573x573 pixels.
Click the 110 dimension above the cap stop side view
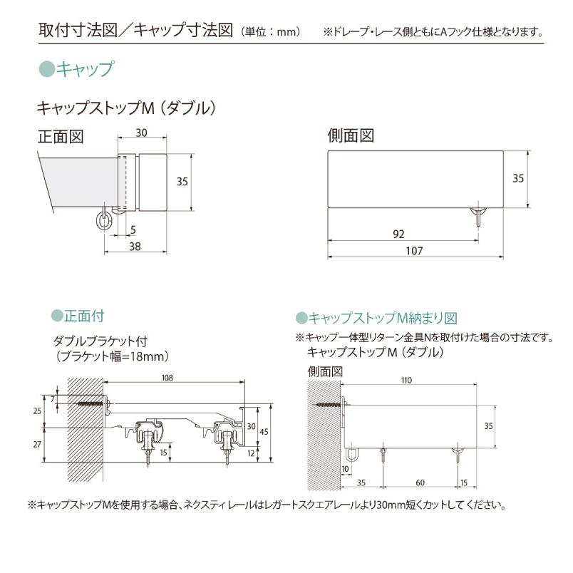point(406,381)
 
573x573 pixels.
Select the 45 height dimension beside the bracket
point(263,432)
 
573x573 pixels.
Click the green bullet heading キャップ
point(76,69)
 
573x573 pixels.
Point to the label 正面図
point(61,136)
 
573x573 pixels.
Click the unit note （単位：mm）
point(271,32)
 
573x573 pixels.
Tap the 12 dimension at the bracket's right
point(250,453)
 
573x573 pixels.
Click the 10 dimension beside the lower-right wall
point(345,468)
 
